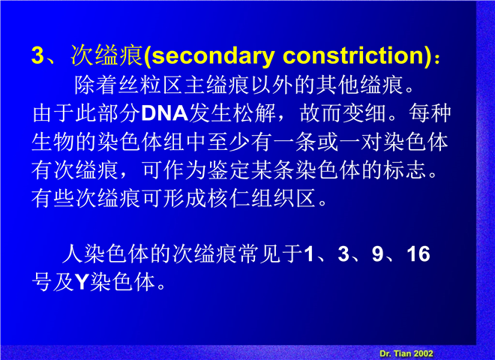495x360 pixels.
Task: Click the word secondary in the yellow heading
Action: coord(213,56)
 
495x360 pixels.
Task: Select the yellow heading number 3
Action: coord(37,55)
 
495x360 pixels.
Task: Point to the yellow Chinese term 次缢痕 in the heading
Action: coord(107,55)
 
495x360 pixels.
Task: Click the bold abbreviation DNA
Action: coord(165,113)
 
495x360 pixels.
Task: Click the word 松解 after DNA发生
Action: coord(254,113)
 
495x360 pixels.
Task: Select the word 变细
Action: coord(364,113)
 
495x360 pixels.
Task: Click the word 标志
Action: coord(405,170)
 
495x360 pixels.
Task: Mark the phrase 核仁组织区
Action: coord(250,199)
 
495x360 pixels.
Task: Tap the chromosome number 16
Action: coord(418,253)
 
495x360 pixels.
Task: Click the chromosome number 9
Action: coord(377,253)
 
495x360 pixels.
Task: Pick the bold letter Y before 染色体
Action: coord(81,282)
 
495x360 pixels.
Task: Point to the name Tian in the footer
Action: coord(402,354)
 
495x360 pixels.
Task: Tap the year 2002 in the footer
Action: coord(423,354)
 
